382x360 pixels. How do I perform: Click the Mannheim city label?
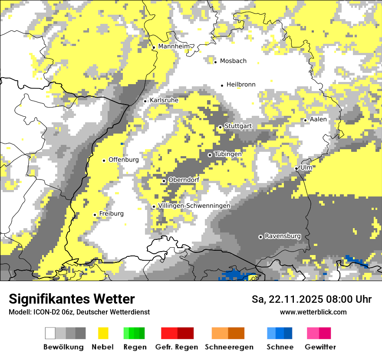pyautogui.click(x=174, y=46)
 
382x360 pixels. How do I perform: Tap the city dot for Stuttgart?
pyautogui.click(x=220, y=127)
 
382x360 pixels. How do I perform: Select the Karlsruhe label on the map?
pyautogui.click(x=164, y=100)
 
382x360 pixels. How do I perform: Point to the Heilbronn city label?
pyautogui.click(x=241, y=85)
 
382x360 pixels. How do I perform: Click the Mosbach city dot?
pyautogui.click(x=215, y=62)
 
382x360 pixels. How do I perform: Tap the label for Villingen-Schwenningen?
pyautogui.click(x=194, y=206)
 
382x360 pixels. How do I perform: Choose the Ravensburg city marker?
pyautogui.click(x=260, y=237)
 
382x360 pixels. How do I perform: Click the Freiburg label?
pyautogui.click(x=111, y=213)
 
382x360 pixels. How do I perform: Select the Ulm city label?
pyautogui.click(x=306, y=167)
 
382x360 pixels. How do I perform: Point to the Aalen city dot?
pyautogui.click(x=305, y=120)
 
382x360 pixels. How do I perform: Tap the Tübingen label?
pyautogui.click(x=228, y=154)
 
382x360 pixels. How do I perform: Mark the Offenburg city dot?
pyautogui.click(x=104, y=160)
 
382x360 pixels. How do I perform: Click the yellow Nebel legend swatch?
pyautogui.click(x=103, y=333)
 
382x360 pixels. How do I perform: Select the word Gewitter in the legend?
pyautogui.click(x=320, y=347)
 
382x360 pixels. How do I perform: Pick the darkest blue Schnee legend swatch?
pyautogui.click(x=288, y=333)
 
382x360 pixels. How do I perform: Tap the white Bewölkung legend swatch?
pyautogui.click(x=50, y=333)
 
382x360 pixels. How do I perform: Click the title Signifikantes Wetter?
pyautogui.click(x=72, y=299)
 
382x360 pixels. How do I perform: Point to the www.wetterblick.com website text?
pyautogui.click(x=313, y=312)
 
